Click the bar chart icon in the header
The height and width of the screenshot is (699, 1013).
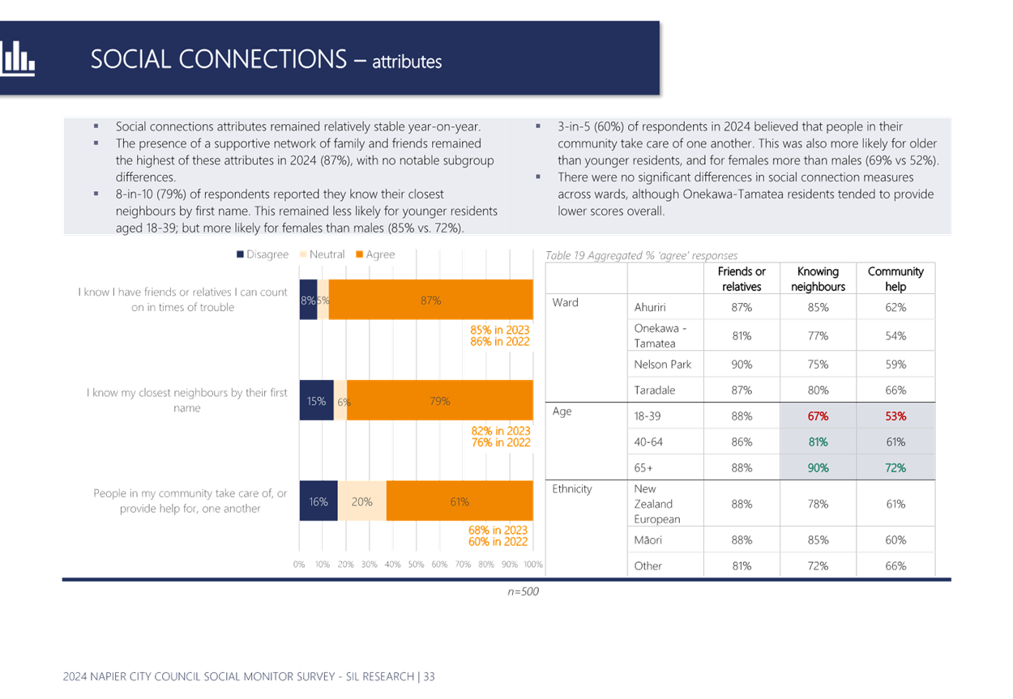17,58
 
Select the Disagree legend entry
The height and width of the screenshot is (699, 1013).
263,254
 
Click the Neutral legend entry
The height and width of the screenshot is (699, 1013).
322,254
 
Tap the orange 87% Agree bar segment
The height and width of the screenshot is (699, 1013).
431,300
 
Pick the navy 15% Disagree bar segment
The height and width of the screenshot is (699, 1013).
317,401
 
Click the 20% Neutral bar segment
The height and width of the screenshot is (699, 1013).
361,501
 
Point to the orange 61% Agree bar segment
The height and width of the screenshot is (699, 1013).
460,501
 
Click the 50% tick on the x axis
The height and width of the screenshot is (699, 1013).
416,565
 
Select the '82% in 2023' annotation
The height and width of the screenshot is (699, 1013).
501,431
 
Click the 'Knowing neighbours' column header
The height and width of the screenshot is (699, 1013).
818,279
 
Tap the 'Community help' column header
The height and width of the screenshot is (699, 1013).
895,279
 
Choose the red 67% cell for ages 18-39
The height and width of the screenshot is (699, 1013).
818,416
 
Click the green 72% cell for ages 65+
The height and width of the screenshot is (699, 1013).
895,468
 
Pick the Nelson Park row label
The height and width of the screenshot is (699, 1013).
663,364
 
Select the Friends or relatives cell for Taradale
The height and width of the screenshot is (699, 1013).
742,390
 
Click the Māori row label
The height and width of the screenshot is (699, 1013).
648,540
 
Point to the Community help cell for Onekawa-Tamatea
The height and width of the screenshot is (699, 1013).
895,336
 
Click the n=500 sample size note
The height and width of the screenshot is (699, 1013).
524,591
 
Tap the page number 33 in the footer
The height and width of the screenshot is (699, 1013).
429,676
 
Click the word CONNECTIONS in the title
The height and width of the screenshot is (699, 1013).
263,59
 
